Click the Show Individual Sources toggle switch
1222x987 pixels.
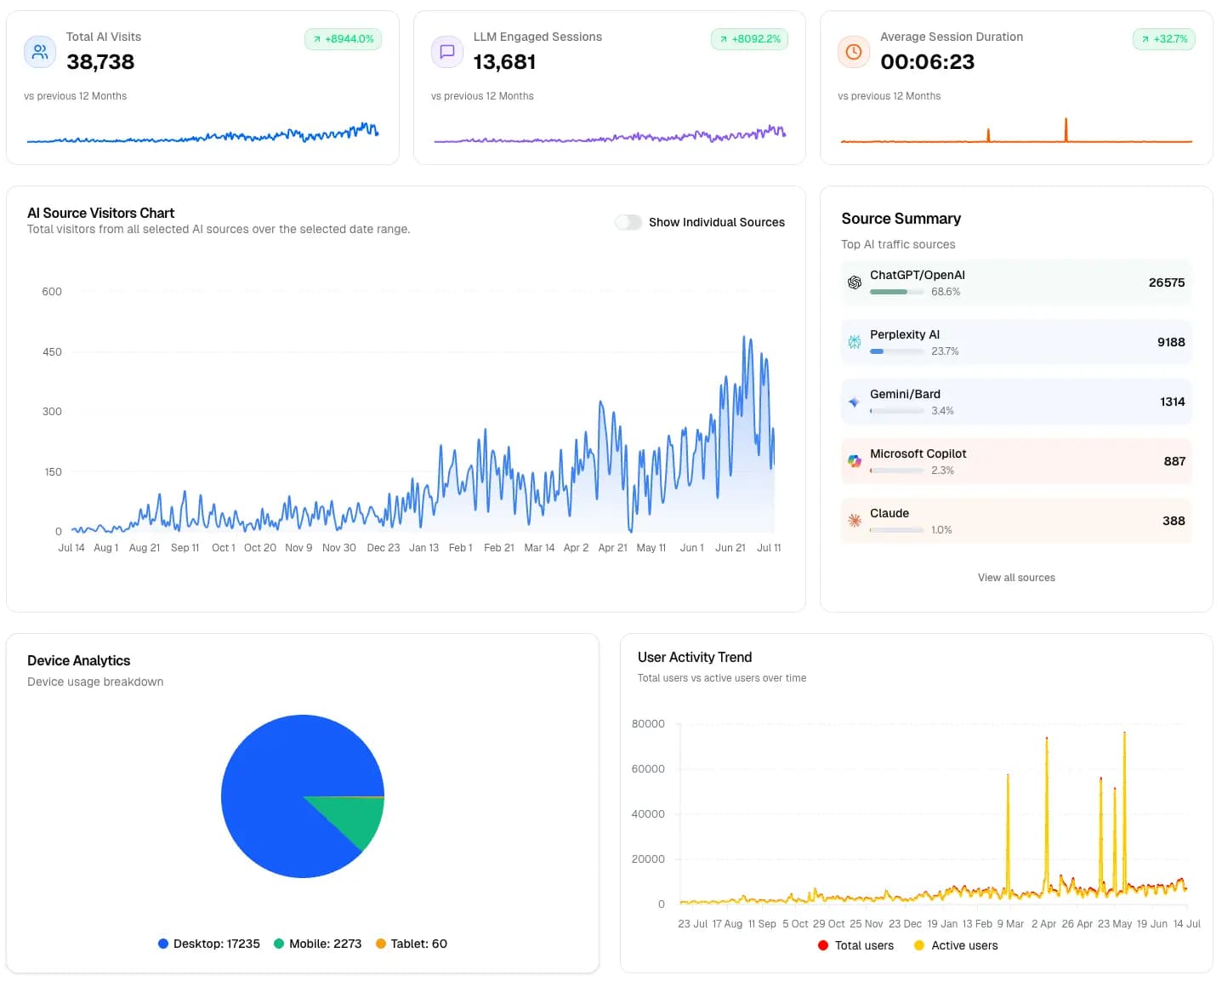(628, 222)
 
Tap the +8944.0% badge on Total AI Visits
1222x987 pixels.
(343, 39)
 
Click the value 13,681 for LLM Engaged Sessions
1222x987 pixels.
(504, 62)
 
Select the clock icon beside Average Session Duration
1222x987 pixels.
(853, 52)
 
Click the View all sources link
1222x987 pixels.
(1015, 578)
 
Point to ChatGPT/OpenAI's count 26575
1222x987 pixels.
(1166, 282)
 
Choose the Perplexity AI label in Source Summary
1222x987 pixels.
(904, 334)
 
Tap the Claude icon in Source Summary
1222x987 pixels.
(854, 521)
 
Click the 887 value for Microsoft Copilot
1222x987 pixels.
(1174, 461)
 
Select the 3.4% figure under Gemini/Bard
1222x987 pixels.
(941, 411)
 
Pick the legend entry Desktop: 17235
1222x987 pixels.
(209, 944)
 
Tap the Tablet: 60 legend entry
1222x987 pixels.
(412, 944)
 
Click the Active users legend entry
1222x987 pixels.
(956, 945)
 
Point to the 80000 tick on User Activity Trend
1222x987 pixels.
(648, 724)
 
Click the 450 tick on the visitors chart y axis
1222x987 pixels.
(52, 351)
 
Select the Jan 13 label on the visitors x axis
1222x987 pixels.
(423, 548)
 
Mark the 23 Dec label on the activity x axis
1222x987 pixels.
(905, 924)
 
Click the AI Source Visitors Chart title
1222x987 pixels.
(100, 214)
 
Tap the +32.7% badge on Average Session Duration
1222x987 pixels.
(1163, 39)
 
